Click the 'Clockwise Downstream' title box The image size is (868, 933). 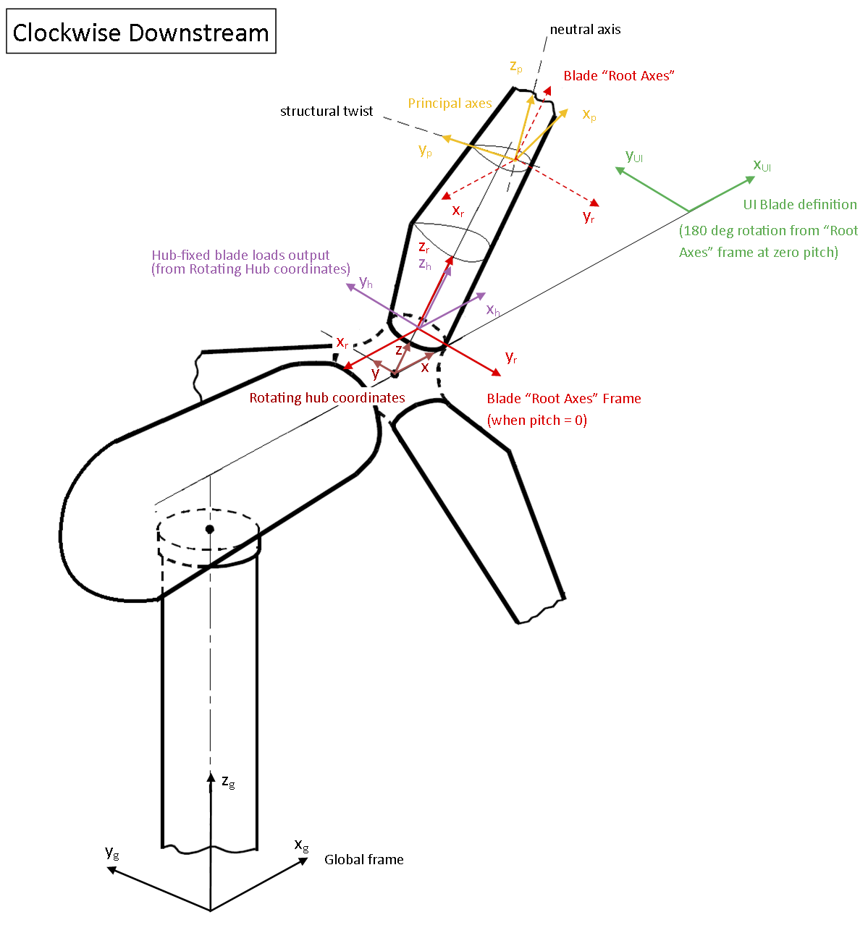[141, 32]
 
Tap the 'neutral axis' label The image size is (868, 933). [585, 30]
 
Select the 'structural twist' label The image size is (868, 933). [326, 111]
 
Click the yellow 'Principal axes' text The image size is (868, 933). [450, 104]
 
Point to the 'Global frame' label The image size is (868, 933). [363, 859]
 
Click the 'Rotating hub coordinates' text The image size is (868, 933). [327, 397]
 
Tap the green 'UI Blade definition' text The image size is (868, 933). [800, 205]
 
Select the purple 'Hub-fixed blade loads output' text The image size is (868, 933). [240, 255]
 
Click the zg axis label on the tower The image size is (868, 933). [228, 782]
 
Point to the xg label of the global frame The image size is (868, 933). [301, 845]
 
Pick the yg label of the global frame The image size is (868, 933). [111, 853]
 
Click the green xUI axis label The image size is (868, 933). [762, 165]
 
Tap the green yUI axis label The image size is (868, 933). [634, 156]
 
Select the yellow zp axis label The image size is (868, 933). [516, 67]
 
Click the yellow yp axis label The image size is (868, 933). [425, 151]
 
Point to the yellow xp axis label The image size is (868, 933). [589, 115]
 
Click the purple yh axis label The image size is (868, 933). [366, 282]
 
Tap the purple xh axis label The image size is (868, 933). [493, 310]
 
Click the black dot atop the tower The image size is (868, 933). [210, 529]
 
